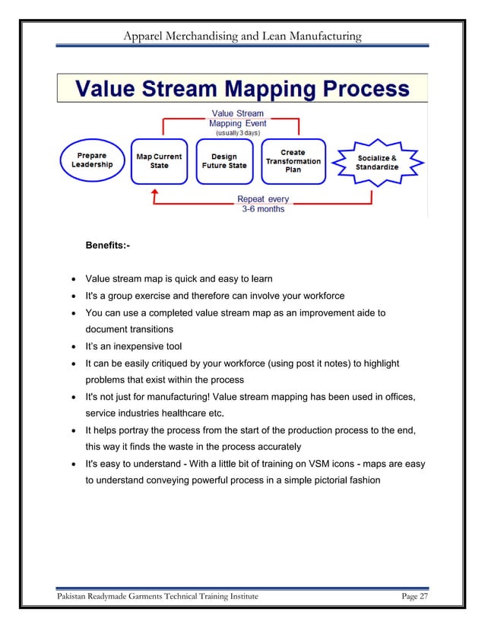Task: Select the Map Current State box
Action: [x=159, y=160]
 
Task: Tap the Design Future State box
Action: [x=224, y=160]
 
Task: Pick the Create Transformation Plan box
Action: [x=293, y=160]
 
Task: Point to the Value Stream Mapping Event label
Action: [x=236, y=119]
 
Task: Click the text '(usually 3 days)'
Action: [x=237, y=132]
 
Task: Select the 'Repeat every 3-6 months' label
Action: [x=263, y=204]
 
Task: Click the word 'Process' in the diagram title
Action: [x=360, y=90]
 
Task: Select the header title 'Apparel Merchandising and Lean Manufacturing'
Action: [x=242, y=36]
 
